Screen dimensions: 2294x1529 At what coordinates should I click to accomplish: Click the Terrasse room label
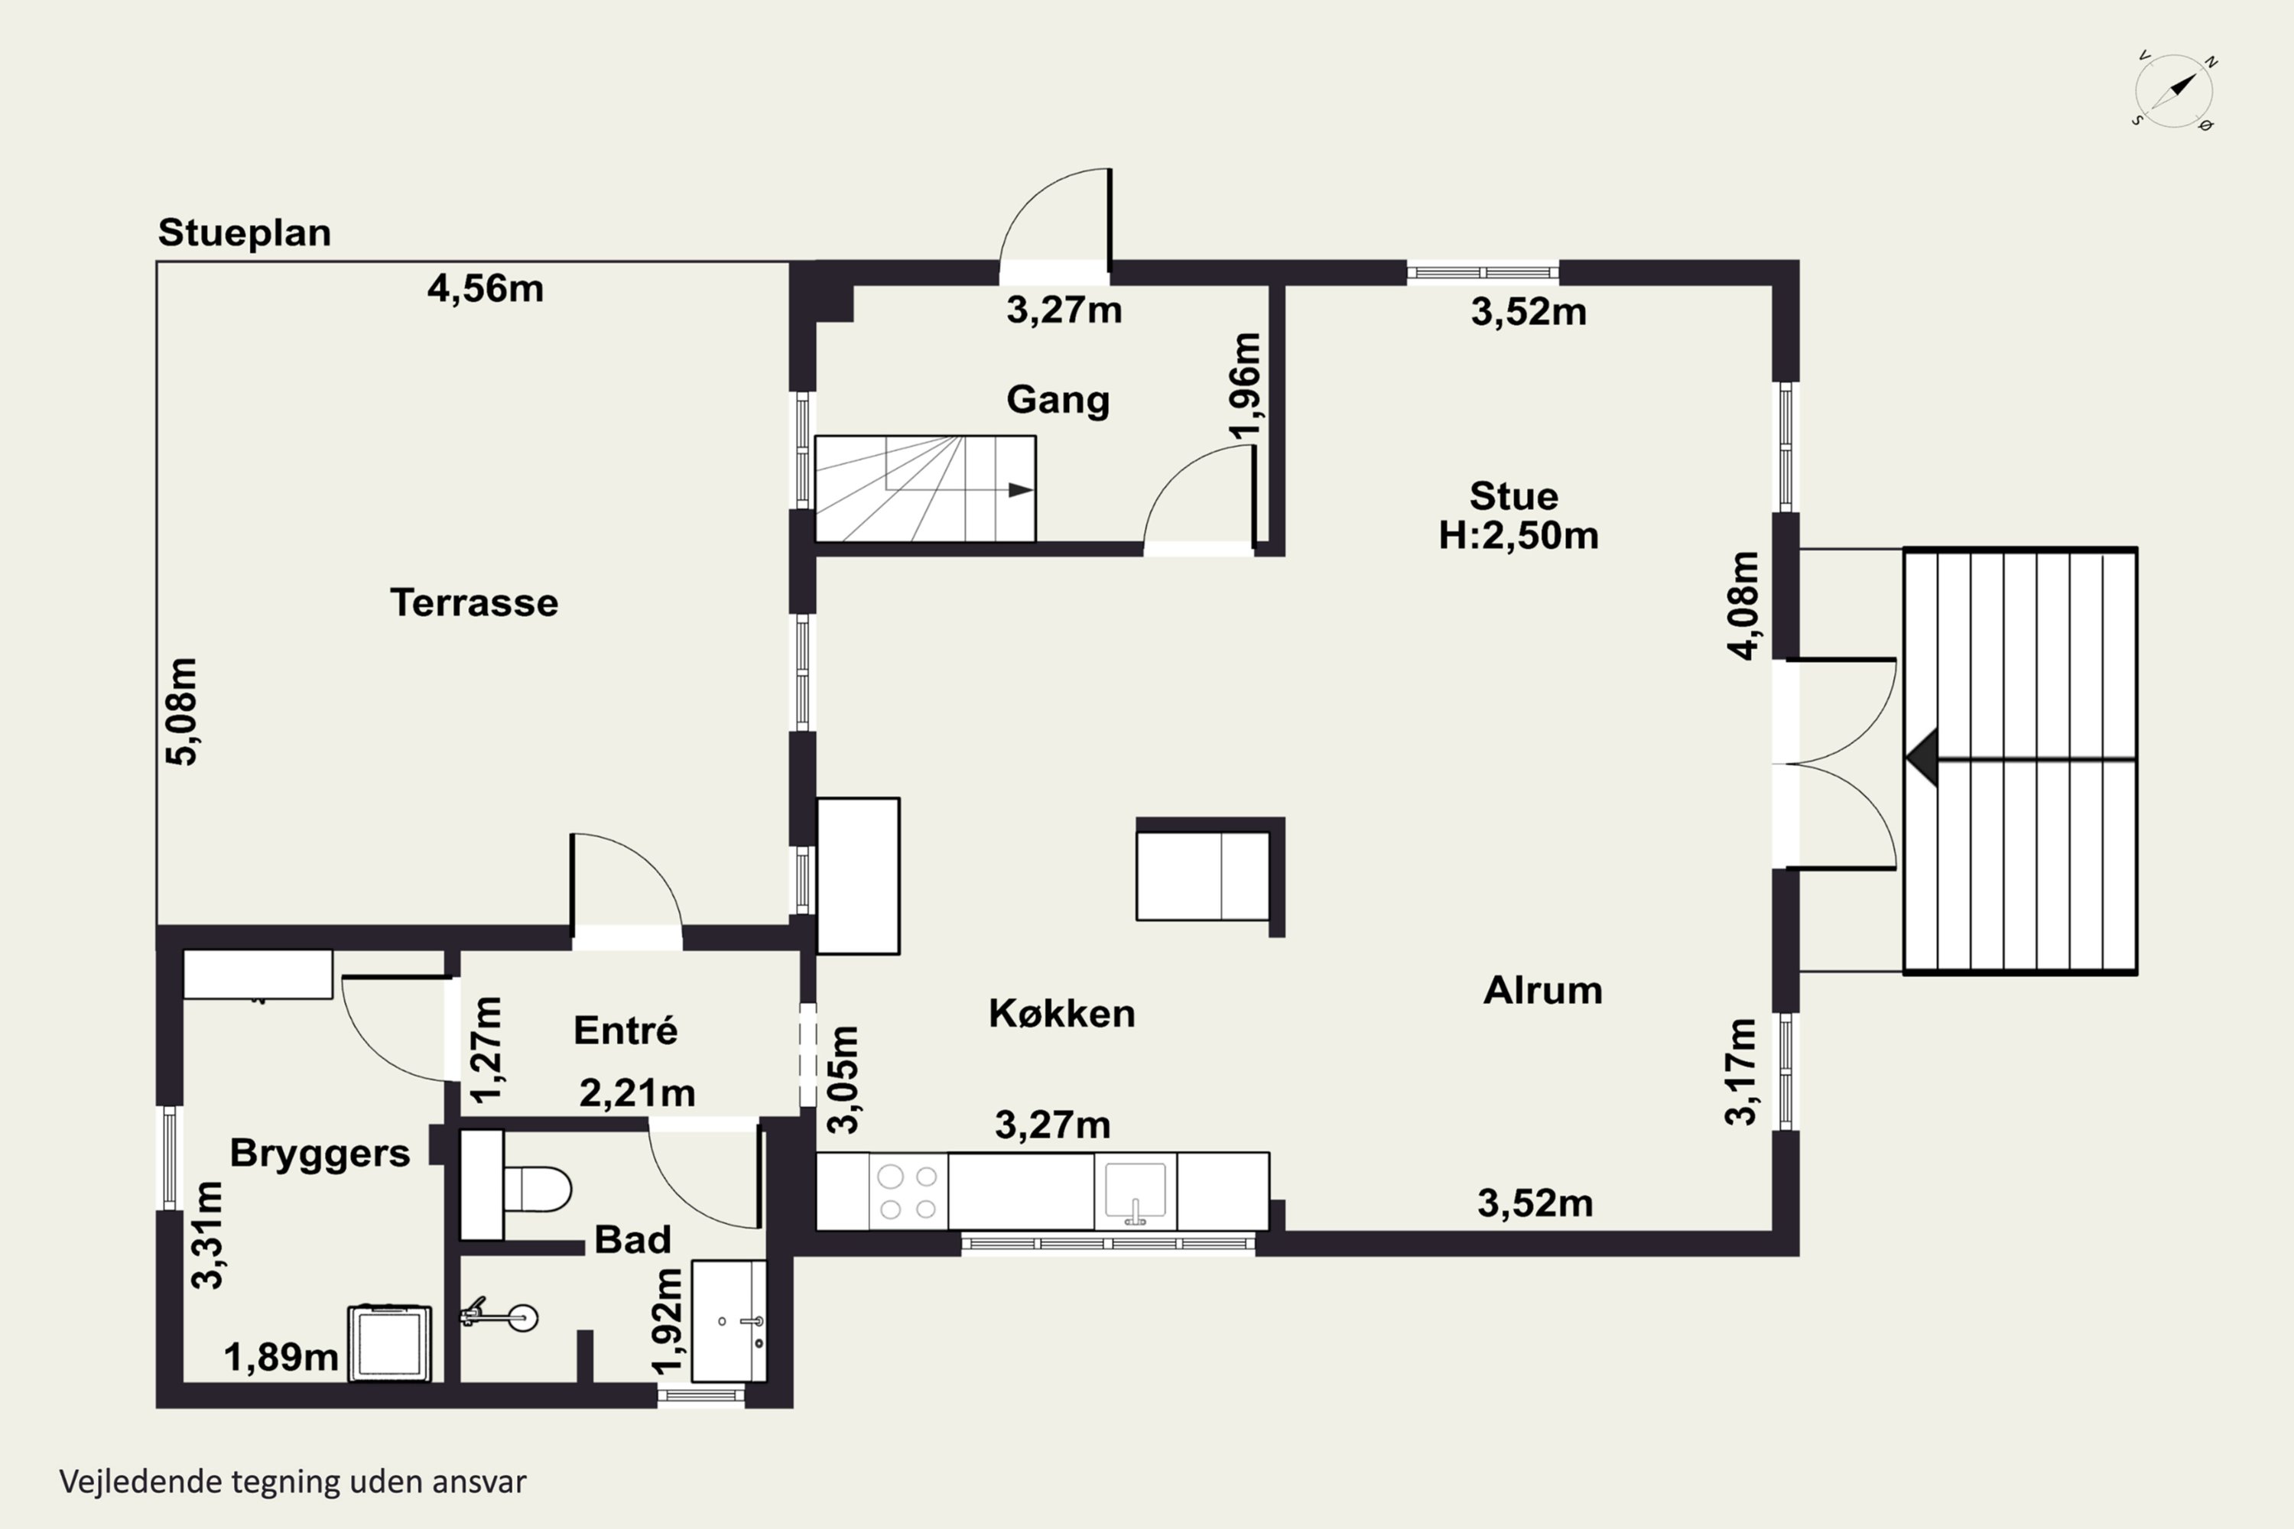[474, 602]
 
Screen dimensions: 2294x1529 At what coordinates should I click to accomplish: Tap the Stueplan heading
[245, 233]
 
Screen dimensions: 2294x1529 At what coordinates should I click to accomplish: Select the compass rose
[2174, 92]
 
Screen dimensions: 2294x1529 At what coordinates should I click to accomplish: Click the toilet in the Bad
[535, 1189]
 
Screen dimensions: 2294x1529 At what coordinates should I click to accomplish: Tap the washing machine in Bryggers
[390, 1342]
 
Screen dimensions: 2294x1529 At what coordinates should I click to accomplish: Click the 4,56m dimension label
[486, 289]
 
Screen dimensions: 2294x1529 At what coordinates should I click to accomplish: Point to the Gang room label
[1058, 400]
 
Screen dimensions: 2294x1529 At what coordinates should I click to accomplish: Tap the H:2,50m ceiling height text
[1519, 535]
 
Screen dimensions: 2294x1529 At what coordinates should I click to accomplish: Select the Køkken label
[1062, 1013]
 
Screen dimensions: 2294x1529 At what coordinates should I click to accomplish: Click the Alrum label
[1543, 991]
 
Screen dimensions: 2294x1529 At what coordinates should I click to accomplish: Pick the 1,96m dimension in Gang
[1246, 386]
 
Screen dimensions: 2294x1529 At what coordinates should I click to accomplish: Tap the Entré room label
[625, 1031]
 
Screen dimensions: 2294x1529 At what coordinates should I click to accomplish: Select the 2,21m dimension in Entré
[638, 1094]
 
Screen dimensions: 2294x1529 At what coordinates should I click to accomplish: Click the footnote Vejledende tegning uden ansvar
[293, 1482]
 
